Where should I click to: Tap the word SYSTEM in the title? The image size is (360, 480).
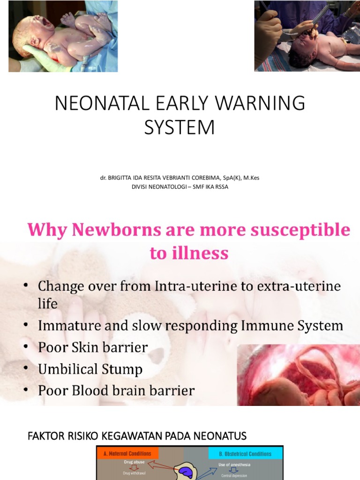180,127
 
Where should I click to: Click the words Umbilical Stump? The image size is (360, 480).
90,369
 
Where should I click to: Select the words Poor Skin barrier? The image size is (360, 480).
93,347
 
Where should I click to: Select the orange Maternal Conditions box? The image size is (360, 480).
127,453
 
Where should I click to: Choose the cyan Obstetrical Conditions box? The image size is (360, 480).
246,453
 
